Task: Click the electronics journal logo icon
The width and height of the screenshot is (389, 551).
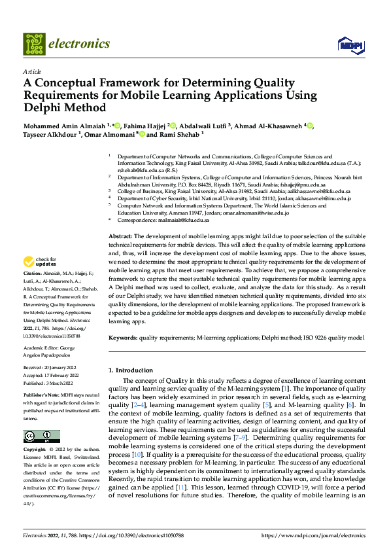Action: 33,44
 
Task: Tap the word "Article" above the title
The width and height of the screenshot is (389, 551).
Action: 32,71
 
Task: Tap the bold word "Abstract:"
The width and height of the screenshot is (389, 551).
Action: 120,235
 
